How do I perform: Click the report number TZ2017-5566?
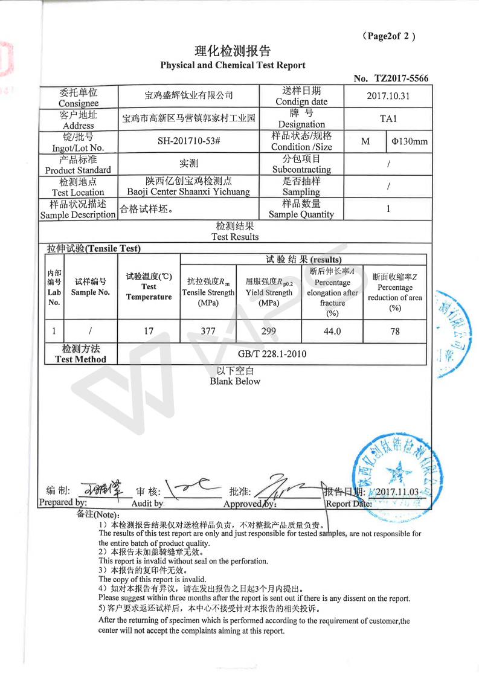pyautogui.click(x=401, y=79)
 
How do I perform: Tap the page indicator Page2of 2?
pyautogui.click(x=388, y=36)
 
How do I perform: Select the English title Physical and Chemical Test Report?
pyautogui.click(x=233, y=65)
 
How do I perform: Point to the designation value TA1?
pyautogui.click(x=388, y=119)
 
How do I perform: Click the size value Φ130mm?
pyautogui.click(x=409, y=142)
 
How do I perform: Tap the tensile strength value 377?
pyautogui.click(x=208, y=331)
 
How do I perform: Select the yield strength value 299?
pyautogui.click(x=269, y=331)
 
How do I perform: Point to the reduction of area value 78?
pyautogui.click(x=395, y=331)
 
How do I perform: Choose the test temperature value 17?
pyautogui.click(x=149, y=331)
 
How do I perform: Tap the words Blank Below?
pyautogui.click(x=235, y=381)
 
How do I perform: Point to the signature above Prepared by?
pyautogui.click(x=101, y=487)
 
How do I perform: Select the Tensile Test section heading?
pyautogui.click(x=94, y=248)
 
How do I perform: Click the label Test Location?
pyautogui.click(x=78, y=192)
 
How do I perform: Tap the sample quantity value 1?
pyautogui.click(x=388, y=209)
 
